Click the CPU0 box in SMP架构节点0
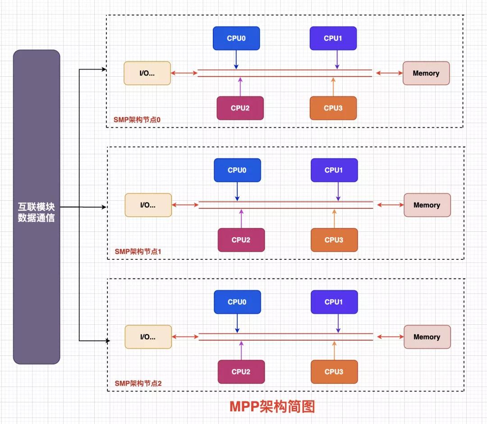point(236,38)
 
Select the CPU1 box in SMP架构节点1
point(334,170)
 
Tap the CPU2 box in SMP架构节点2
point(241,372)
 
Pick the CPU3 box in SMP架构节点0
point(333,108)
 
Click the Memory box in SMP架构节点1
point(427,205)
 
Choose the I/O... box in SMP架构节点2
point(148,336)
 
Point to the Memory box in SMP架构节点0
point(426,73)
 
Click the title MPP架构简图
point(272,406)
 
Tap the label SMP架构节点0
point(137,120)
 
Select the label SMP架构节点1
point(138,251)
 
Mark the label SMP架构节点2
point(138,383)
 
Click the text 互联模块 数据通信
point(37,212)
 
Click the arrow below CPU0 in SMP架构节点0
point(236,60)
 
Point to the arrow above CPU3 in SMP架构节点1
point(334,219)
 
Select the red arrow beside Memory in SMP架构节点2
point(390,336)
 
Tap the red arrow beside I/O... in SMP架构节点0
point(184,73)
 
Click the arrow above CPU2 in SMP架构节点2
point(241,350)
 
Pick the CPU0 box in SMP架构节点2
point(237,302)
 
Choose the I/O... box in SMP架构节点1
point(148,205)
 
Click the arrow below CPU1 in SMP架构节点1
point(338,191)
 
